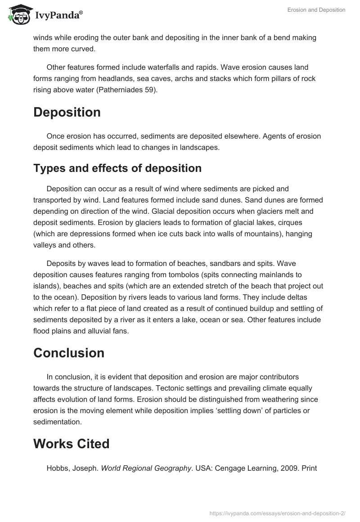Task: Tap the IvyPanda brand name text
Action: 58,16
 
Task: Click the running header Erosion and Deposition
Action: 316,10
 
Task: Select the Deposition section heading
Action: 67,112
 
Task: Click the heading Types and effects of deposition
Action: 117,168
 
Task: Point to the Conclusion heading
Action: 69,353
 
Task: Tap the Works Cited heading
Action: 72,444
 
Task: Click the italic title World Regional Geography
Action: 146,468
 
